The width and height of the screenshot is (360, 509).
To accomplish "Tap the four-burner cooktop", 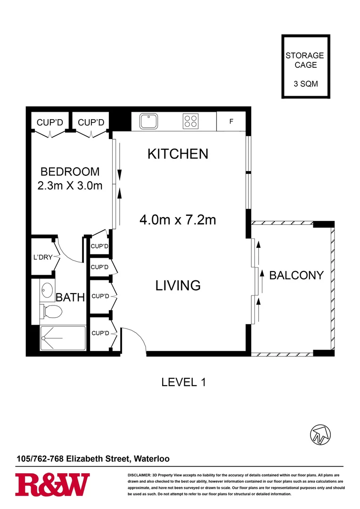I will click(190, 122).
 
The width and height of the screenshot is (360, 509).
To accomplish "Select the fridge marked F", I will click(231, 122).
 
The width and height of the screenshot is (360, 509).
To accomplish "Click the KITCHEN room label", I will click(178, 154).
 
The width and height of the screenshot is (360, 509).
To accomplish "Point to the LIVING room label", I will click(178, 286).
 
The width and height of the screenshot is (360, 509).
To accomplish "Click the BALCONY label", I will click(296, 275).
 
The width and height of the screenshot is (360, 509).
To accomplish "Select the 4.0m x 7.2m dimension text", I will click(178, 220).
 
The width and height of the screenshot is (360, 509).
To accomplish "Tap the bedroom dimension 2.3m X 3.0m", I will click(70, 186).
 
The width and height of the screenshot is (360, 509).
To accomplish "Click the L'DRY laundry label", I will click(42, 257).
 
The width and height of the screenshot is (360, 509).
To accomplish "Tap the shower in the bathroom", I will click(63, 338).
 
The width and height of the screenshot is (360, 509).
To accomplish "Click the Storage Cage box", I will click(304, 67).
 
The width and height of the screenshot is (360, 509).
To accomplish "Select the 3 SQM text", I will click(304, 84).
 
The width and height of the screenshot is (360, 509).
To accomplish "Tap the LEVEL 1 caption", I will click(184, 382).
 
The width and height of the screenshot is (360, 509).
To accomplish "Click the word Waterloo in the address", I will click(152, 459).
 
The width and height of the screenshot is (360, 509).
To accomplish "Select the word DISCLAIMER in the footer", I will click(139, 475).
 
